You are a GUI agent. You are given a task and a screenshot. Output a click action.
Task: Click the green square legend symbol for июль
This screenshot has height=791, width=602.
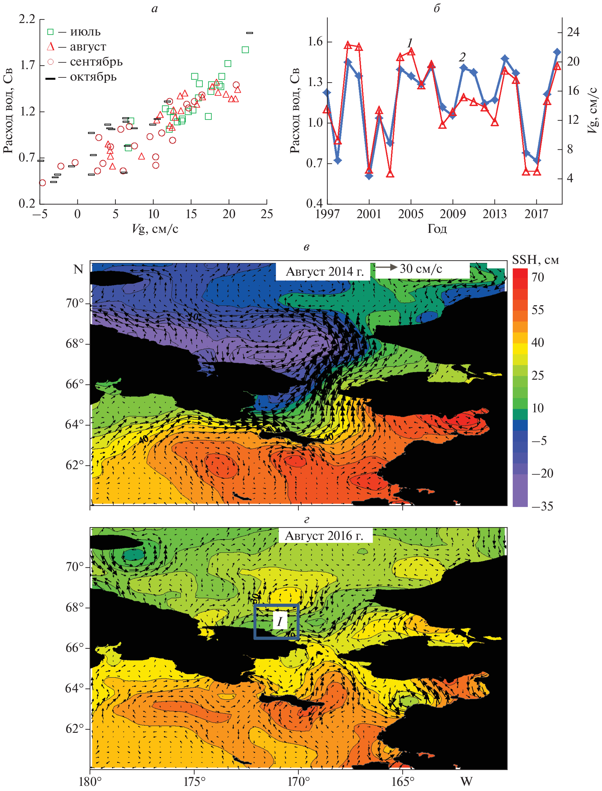(x=51, y=32)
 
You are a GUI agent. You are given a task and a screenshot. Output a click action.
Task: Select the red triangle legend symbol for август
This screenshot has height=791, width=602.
(x=51, y=47)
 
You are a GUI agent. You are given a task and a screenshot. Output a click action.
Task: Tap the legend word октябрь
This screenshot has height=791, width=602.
(x=93, y=77)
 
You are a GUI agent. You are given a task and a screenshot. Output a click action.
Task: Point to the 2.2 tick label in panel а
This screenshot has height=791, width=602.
(x=27, y=19)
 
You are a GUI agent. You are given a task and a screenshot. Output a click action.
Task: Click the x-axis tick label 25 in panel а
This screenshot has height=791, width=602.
(x=266, y=214)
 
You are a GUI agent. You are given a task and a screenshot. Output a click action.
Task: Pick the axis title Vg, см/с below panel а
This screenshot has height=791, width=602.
(x=155, y=229)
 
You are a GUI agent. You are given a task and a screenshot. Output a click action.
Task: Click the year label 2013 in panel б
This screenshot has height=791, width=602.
(x=495, y=214)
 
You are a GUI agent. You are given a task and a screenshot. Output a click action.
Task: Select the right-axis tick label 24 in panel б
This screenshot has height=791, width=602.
(x=573, y=32)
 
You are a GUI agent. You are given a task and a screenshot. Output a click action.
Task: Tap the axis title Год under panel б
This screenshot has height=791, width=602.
(x=437, y=229)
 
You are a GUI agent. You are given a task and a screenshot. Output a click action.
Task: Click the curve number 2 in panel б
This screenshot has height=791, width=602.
(x=462, y=57)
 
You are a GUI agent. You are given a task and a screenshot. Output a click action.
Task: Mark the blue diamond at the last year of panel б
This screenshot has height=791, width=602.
(x=557, y=52)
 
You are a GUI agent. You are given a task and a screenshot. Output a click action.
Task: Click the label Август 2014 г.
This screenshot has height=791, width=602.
(x=325, y=272)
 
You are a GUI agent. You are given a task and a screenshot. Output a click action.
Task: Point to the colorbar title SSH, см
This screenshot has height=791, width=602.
(x=535, y=260)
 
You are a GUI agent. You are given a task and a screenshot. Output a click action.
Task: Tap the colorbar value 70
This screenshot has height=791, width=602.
(x=537, y=277)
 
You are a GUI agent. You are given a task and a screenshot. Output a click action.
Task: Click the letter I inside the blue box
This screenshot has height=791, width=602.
(x=280, y=621)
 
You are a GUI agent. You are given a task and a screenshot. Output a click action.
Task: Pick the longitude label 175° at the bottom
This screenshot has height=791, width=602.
(x=194, y=781)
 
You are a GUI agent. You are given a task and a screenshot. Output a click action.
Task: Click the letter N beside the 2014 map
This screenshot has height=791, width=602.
(x=78, y=269)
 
